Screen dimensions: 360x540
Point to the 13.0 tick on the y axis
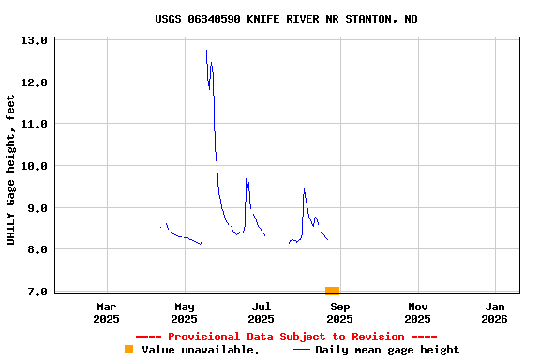click(x=35, y=41)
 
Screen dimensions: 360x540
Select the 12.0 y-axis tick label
click(x=35, y=82)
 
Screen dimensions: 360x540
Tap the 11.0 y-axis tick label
click(x=35, y=124)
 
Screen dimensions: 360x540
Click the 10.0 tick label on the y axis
click(x=35, y=166)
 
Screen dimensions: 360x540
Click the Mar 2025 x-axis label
click(x=107, y=312)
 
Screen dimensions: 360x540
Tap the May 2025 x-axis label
click(x=185, y=312)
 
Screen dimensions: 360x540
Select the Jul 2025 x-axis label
click(x=262, y=312)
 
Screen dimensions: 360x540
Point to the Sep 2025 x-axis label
click(x=340, y=312)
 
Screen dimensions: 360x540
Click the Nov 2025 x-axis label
click(x=418, y=312)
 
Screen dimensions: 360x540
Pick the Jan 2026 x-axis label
click(x=496, y=312)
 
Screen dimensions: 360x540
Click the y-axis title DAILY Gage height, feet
click(x=11, y=170)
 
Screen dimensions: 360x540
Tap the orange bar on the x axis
click(x=332, y=291)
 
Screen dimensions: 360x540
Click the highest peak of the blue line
click(x=206, y=51)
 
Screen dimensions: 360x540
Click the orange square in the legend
click(x=129, y=350)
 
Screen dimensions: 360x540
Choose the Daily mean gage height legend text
click(x=387, y=350)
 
